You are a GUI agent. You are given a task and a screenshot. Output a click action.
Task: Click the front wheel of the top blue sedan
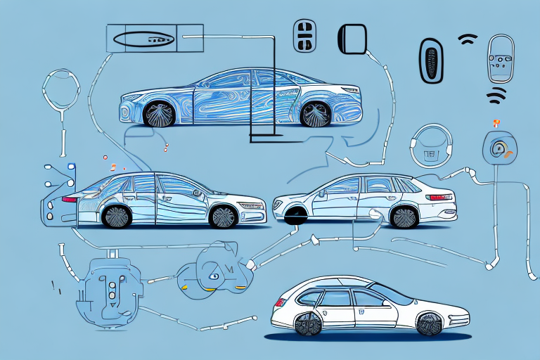point(159,115)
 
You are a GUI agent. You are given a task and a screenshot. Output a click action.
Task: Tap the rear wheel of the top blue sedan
point(314,114)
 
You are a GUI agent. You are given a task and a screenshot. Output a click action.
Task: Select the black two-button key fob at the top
point(303,34)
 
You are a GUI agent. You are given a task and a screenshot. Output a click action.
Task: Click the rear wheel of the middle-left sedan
point(117,215)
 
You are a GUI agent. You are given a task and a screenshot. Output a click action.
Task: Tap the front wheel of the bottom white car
point(428,324)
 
